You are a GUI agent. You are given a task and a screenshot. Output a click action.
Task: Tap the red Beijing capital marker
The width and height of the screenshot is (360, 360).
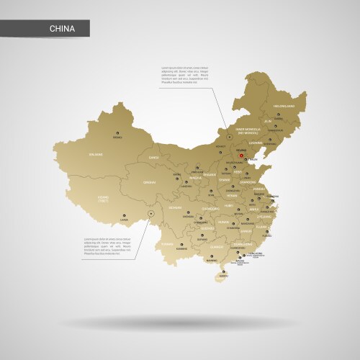(x=242, y=153)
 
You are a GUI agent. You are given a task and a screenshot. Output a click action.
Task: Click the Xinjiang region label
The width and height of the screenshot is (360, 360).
(x=96, y=153)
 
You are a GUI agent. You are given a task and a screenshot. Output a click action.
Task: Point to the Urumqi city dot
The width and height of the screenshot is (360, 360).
(x=117, y=132)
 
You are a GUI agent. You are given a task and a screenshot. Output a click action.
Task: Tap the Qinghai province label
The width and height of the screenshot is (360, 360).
(x=150, y=183)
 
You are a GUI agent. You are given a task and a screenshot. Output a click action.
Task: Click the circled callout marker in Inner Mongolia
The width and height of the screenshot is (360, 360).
(x=229, y=135)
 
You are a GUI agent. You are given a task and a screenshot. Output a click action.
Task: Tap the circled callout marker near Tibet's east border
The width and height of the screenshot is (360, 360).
(x=150, y=213)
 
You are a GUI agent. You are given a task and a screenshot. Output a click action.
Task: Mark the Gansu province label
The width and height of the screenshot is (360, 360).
(x=153, y=156)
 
